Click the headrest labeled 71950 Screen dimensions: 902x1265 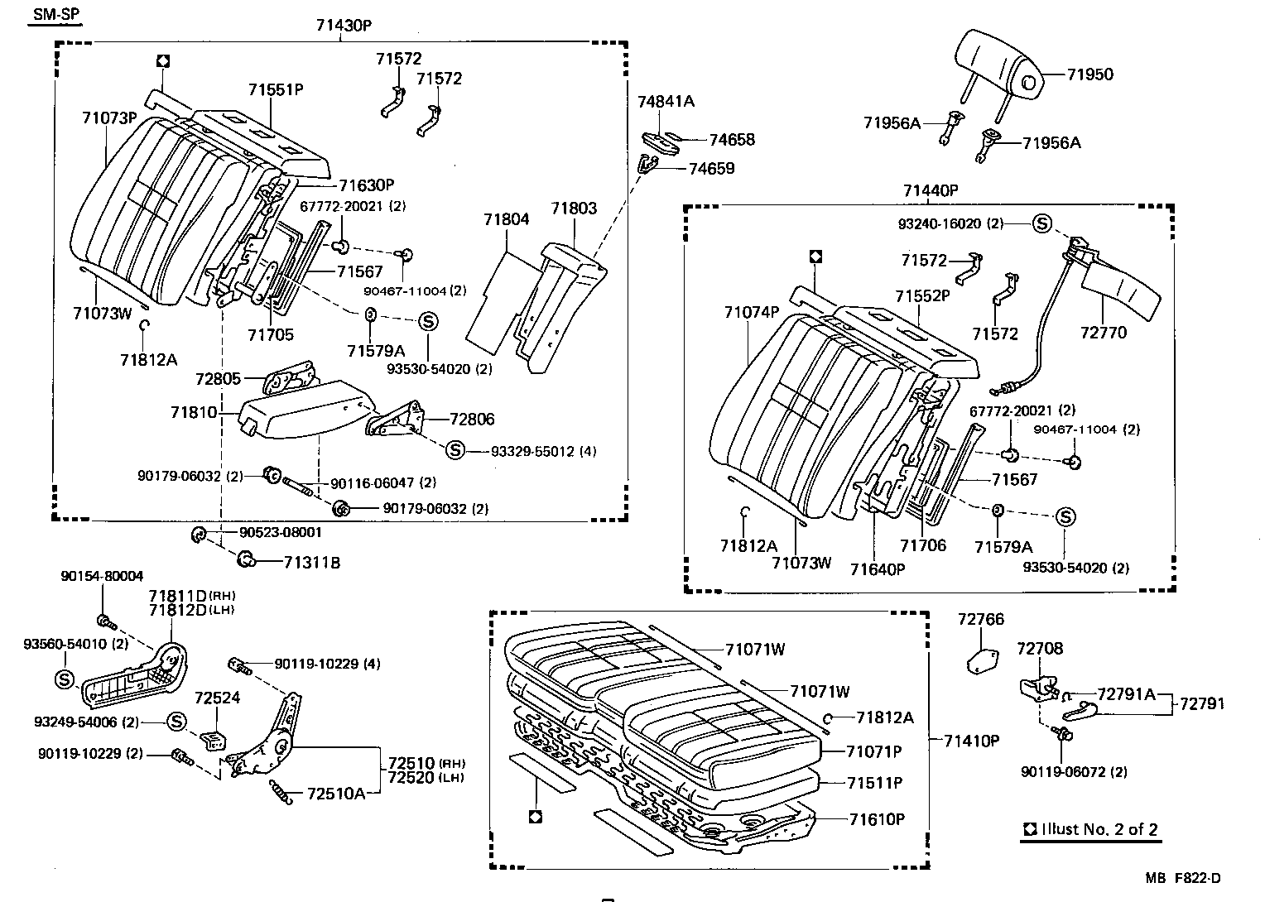tap(998, 62)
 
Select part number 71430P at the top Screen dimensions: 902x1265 tap(343, 24)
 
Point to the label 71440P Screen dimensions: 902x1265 tap(930, 190)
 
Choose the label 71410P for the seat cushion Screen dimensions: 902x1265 tap(972, 741)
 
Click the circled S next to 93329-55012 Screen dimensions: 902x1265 tap(455, 450)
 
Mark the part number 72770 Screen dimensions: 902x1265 tap(1104, 333)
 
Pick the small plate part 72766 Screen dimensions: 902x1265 tap(981, 660)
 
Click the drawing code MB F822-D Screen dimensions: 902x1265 tap(1183, 879)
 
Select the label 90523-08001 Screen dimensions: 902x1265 tap(281, 533)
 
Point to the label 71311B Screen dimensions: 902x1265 tap(311, 563)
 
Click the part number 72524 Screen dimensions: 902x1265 tap(217, 698)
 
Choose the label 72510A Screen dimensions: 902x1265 tap(335, 794)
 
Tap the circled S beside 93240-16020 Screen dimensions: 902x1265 tap(1041, 223)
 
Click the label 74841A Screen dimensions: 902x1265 tap(666, 102)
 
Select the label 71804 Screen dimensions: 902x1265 tap(507, 219)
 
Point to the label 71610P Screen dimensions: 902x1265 tap(877, 819)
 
